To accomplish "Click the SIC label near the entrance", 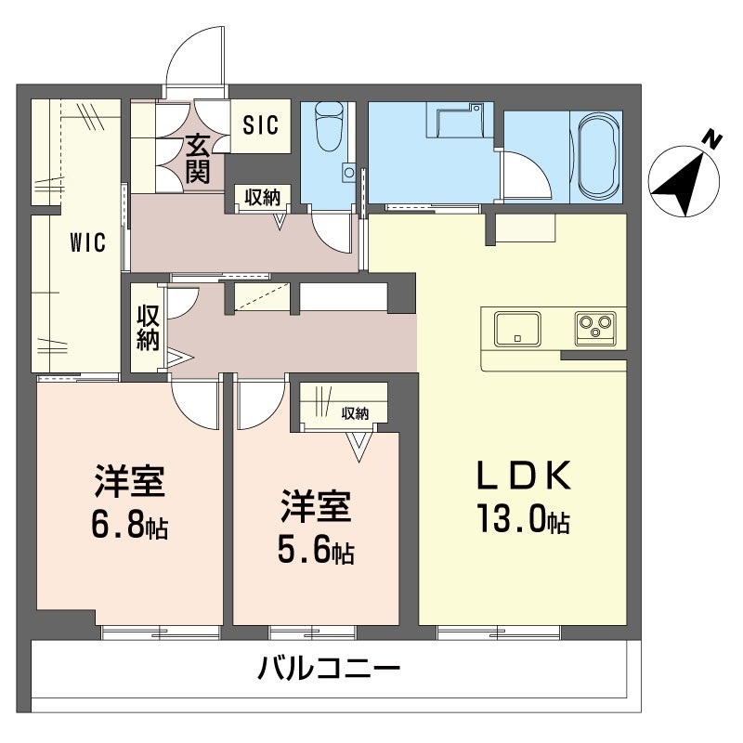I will [261, 125].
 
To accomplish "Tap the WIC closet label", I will [87, 244].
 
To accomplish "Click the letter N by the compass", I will [711, 139].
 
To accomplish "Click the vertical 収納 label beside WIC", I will [148, 327].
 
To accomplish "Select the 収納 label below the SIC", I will [263, 196].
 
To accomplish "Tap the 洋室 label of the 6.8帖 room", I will [129, 483].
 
